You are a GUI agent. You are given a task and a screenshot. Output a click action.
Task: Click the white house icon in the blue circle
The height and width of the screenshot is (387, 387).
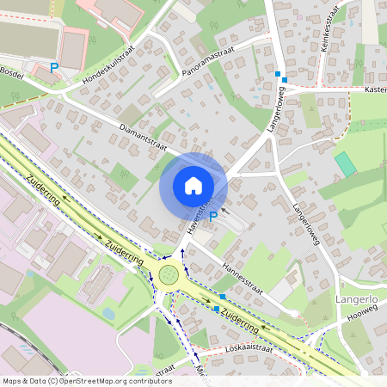(193, 185)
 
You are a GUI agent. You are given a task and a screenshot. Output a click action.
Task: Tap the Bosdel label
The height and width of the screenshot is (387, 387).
(11, 73)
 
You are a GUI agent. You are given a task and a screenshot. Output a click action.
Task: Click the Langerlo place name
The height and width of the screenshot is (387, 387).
(355, 300)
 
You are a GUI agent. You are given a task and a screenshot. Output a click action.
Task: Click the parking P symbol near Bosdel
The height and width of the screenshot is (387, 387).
(54, 67)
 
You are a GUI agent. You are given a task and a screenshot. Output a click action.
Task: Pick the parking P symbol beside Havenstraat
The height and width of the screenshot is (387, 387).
(212, 217)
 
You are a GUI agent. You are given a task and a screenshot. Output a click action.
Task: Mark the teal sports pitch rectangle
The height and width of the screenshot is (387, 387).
(345, 164)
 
